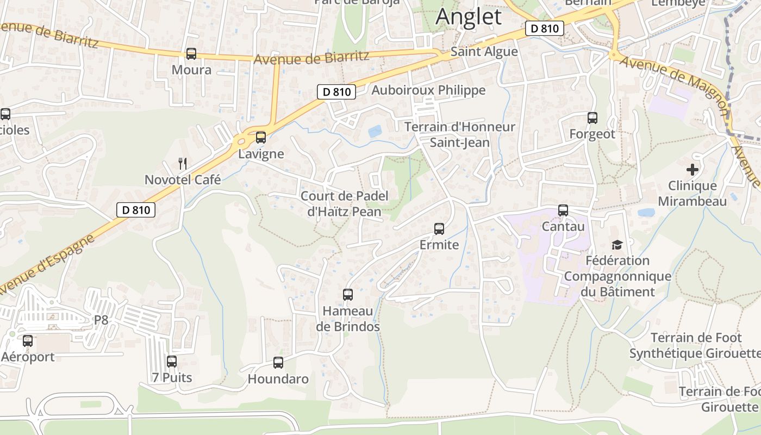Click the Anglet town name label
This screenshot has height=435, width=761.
469,16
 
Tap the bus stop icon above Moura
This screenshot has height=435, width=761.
191,54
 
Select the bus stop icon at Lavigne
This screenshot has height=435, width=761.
261,138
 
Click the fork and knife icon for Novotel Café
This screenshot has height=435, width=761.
183,163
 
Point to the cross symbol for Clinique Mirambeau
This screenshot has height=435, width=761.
692,170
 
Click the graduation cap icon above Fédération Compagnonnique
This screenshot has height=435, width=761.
616,245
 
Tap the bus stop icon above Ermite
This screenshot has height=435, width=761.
439,229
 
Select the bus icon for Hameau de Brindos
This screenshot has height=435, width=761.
348,295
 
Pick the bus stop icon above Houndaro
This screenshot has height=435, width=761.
278,363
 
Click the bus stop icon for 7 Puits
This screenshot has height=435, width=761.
172,361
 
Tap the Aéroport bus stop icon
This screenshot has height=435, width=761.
28,341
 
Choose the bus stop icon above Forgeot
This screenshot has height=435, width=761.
592,117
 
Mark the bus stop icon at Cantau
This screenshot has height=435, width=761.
563,210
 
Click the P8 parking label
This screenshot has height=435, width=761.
101,320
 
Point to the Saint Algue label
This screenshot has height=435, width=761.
484,52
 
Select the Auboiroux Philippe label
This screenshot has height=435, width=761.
428,90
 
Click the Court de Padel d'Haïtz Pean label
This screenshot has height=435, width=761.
344,203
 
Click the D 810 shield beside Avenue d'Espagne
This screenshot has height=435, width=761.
136,210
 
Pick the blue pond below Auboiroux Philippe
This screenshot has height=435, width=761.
375,131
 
